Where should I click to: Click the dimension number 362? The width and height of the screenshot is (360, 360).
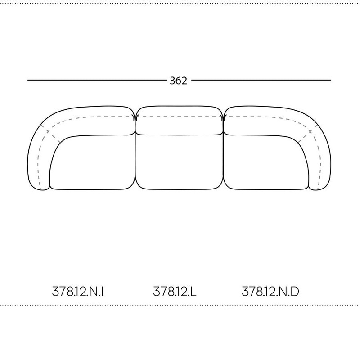[x=179, y=81]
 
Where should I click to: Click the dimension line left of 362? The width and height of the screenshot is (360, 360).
[x=97, y=80]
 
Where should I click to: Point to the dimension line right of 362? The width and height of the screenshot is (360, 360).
[x=261, y=80]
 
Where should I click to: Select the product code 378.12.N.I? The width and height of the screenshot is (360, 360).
[x=78, y=292]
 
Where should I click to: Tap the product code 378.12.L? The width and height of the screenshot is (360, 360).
[x=175, y=292]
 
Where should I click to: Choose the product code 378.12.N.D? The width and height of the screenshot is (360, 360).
[x=270, y=292]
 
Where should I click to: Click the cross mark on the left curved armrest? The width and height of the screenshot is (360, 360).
[x=47, y=132]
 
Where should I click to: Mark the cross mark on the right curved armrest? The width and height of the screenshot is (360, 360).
[x=310, y=132]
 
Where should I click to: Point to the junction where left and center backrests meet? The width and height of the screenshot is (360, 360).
[x=135, y=118]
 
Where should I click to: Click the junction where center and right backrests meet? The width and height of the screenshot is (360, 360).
[x=223, y=118]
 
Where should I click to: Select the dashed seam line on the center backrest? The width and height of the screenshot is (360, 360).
[x=179, y=117]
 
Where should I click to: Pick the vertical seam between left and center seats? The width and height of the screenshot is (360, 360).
[x=135, y=162]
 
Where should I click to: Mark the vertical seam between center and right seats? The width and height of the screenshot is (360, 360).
[x=223, y=162]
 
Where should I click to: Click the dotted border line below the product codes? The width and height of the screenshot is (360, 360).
[x=180, y=306]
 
